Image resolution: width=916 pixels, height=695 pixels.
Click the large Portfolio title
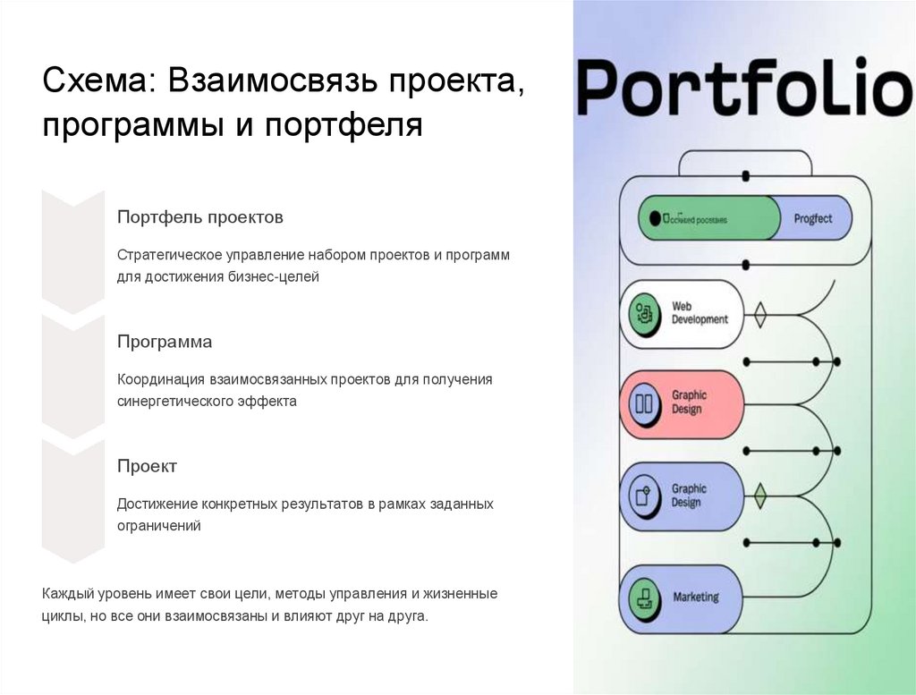pyautogui.click(x=743, y=87)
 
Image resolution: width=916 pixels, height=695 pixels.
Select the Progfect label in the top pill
pyautogui.click(x=812, y=218)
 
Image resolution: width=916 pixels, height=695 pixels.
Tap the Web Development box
pyautogui.click(x=682, y=313)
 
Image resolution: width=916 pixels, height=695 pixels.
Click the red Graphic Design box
pyautogui.click(x=682, y=403)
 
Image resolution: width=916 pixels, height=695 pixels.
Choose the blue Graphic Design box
pyautogui.click(x=682, y=496)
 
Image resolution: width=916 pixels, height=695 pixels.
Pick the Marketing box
pyautogui.click(x=682, y=597)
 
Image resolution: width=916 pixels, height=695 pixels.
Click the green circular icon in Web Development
pyautogui.click(x=643, y=313)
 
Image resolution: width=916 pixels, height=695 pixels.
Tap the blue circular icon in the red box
pyautogui.click(x=643, y=403)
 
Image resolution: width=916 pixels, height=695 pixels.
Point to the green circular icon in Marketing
pyautogui.click(x=643, y=597)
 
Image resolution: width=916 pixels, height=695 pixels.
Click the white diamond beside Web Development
pyautogui.click(x=759, y=315)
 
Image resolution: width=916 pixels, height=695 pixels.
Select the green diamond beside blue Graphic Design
pyautogui.click(x=759, y=496)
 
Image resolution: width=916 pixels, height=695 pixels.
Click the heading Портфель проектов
pyautogui.click(x=200, y=217)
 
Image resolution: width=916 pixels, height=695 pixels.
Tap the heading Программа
pyautogui.click(x=165, y=343)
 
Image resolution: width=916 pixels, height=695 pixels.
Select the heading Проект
pyautogui.click(x=147, y=466)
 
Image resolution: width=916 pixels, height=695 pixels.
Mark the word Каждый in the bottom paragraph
pyautogui.click(x=66, y=594)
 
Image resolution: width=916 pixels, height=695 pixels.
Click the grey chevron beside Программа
pyautogui.click(x=73, y=376)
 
